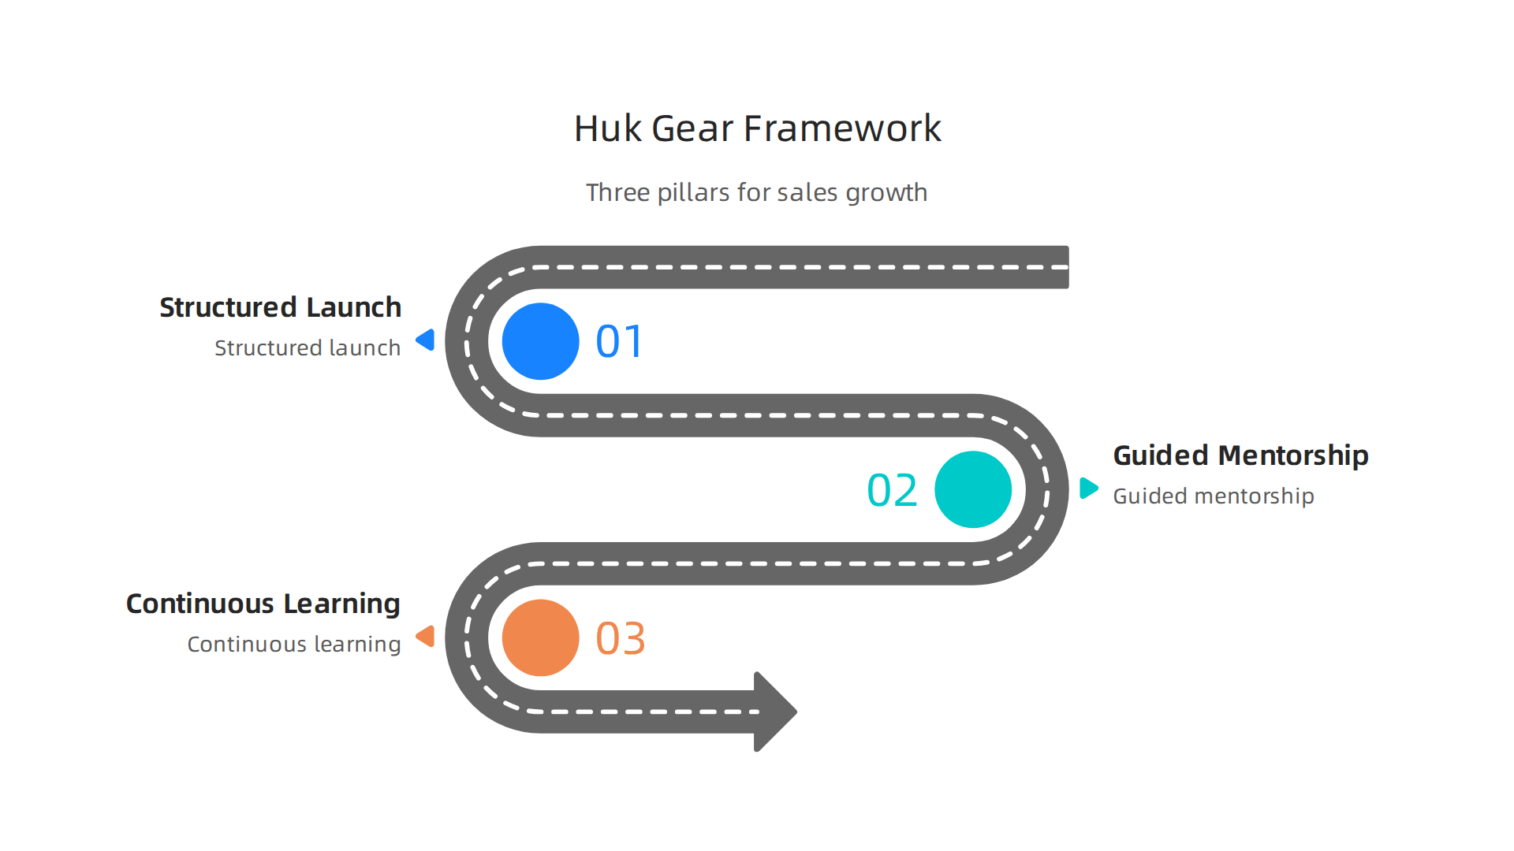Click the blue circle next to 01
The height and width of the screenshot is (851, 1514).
point(540,341)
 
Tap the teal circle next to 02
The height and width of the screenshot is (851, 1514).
point(972,489)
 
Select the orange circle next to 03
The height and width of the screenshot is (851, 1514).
point(540,637)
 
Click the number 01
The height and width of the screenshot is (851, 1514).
point(620,342)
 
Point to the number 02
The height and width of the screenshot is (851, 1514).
point(892,490)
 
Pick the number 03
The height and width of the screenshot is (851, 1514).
point(621,638)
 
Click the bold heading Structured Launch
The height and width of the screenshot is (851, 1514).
point(280,307)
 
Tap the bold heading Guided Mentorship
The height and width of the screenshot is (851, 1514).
point(1240,455)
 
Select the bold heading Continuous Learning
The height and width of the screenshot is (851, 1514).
point(263,604)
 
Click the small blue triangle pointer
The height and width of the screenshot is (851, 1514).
point(427,340)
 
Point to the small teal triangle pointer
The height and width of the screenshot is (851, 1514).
point(1088,488)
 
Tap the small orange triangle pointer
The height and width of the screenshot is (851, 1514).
point(427,636)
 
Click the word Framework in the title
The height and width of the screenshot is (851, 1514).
point(842,128)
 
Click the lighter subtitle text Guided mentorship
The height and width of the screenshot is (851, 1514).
point(1213,496)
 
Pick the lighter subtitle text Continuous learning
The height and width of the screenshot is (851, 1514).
point(293,645)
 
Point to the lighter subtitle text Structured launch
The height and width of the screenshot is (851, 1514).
point(307,348)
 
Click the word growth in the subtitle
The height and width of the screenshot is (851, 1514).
point(886,193)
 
